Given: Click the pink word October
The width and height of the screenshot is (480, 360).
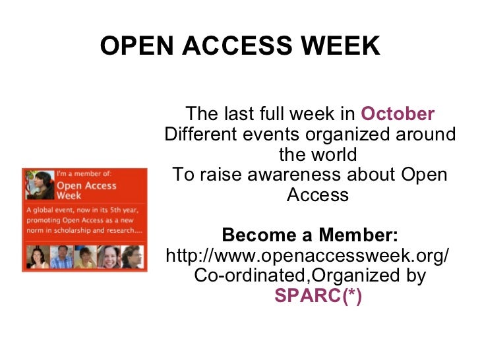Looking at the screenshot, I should (x=398, y=114).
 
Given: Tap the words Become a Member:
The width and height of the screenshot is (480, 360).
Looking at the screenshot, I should (x=310, y=235).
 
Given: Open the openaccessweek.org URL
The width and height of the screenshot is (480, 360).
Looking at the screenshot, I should (x=309, y=255).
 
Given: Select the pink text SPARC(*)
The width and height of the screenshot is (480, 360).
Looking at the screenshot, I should (x=318, y=296).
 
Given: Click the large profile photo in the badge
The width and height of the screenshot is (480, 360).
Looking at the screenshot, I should (x=38, y=185).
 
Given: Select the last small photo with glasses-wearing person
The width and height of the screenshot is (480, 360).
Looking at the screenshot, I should (x=131, y=257).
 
